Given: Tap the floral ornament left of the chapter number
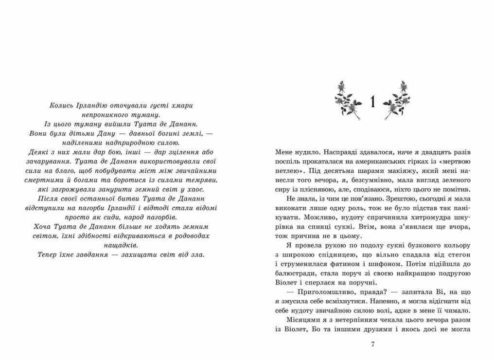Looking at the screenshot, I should (x=348, y=100).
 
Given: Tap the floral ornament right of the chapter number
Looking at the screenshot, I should (x=398, y=100).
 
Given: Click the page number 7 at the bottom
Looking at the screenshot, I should (x=372, y=344).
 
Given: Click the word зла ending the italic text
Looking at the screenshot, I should (x=198, y=254).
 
